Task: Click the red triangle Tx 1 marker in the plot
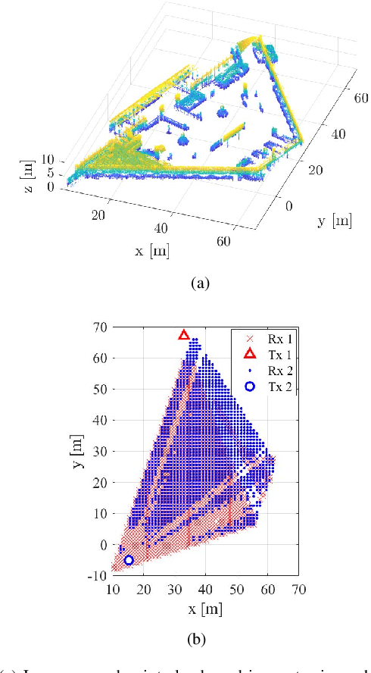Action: click(183, 335)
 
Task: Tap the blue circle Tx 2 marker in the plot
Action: click(129, 560)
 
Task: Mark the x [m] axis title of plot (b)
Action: click(206, 608)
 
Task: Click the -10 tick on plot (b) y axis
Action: click(98, 576)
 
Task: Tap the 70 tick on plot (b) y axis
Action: click(100, 327)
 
